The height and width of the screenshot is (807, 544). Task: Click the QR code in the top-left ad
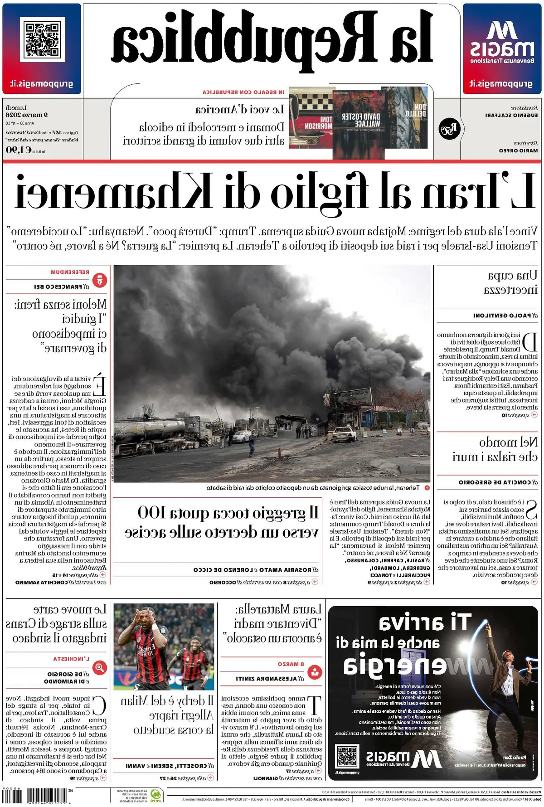click(42, 40)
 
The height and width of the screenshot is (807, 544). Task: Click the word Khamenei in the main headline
click(113, 190)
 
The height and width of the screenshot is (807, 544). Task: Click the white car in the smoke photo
click(344, 434)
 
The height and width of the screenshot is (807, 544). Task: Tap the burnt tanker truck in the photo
click(163, 431)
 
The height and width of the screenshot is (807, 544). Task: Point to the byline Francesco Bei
click(62, 287)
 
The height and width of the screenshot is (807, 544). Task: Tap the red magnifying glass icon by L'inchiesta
click(99, 668)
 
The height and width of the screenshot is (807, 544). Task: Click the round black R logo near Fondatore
click(449, 129)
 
